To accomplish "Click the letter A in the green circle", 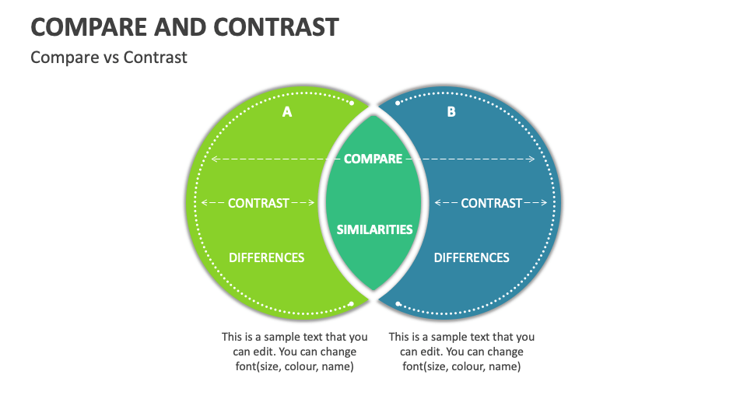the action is (287, 112).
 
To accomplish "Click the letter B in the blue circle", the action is (451, 112).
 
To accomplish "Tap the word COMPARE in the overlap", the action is (373, 159).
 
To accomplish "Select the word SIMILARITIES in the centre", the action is (374, 229).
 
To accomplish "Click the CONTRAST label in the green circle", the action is (258, 203).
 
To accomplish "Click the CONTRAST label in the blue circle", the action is (491, 203).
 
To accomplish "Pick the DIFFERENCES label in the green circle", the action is (266, 257).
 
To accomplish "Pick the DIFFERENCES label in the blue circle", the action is (472, 257).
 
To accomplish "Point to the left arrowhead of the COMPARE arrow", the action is (214, 159).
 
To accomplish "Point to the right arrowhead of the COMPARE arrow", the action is (532, 159).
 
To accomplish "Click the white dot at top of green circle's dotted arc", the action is (352, 103).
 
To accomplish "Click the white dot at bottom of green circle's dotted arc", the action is (351, 304).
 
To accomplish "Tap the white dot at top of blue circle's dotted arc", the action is (398, 103).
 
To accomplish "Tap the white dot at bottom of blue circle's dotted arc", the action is (398, 304).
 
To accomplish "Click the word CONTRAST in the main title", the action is (276, 27).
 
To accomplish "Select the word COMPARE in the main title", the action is (89, 27).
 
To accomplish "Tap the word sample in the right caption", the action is (447, 337).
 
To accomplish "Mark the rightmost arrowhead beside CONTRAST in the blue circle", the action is (544, 203).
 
